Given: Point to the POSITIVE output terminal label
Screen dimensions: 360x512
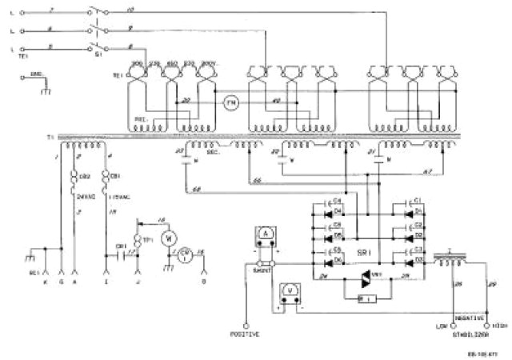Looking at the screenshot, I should pyautogui.click(x=244, y=333).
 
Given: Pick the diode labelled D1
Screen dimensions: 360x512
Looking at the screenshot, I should pyautogui.click(x=415, y=210).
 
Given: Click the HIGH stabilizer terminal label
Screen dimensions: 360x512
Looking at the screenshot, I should pyautogui.click(x=501, y=326).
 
